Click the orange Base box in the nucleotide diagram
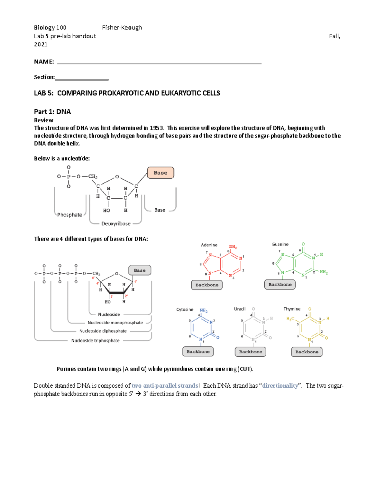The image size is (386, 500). pos(160,173)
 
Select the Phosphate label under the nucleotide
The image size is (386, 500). pos(69,215)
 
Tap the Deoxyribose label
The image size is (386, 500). pos(116,223)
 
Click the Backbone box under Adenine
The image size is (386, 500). pos(207,285)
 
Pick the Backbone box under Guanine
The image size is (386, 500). pos(280,285)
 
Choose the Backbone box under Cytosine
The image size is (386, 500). pos(198,352)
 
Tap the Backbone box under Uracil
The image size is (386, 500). pos(250,352)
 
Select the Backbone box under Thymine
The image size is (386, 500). pos(307,352)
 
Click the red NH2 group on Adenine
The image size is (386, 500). pos(233,247)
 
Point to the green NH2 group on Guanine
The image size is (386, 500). pos(324,272)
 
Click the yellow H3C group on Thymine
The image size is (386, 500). pos(290,319)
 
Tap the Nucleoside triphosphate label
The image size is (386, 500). pos(95,340)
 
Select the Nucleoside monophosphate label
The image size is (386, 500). pos(115,323)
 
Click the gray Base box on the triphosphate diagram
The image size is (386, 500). pos(140,270)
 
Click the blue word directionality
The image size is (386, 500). pos(280,386)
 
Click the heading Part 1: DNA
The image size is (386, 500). pos(52,112)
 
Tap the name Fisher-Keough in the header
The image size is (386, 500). pos(122,28)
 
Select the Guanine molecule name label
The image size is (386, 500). pos(280,244)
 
